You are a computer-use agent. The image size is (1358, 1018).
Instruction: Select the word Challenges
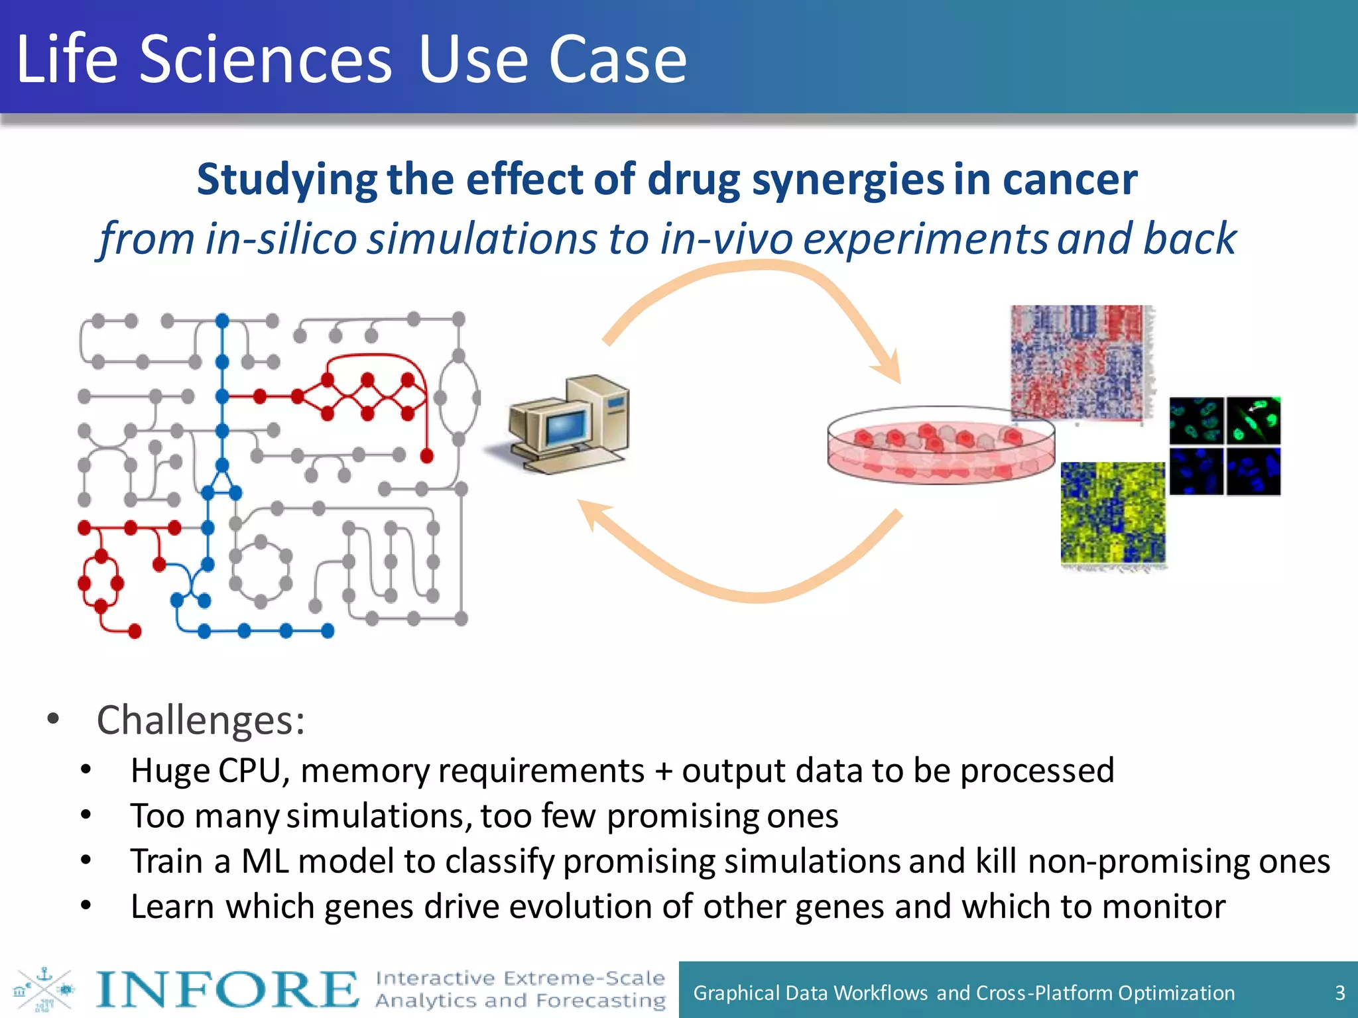click(200, 720)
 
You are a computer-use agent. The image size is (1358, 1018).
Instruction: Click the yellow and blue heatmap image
click(1112, 512)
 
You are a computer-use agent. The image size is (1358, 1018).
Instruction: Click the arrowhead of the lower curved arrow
click(592, 514)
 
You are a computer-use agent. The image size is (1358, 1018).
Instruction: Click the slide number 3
click(1339, 993)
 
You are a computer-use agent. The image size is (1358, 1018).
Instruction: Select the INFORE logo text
click(226, 990)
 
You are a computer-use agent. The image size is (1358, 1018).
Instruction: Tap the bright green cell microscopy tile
click(1253, 421)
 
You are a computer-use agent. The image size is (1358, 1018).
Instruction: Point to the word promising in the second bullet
click(683, 816)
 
